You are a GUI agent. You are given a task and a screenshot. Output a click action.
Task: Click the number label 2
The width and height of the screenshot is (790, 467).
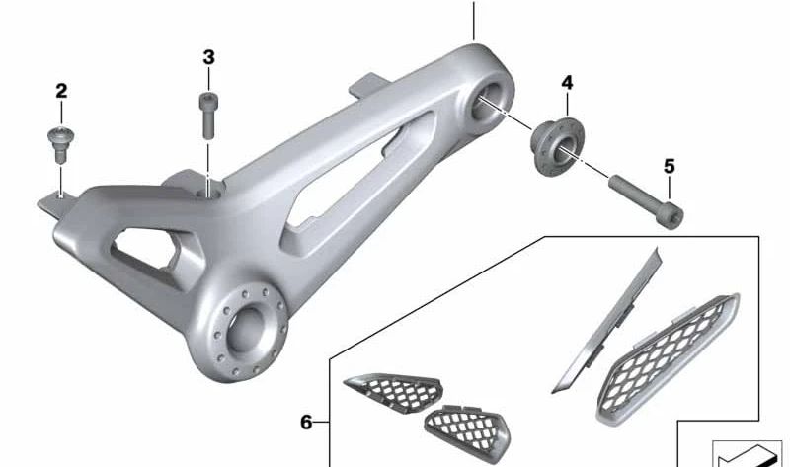(61, 92)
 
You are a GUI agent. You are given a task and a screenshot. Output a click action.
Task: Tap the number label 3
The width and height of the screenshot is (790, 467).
(208, 57)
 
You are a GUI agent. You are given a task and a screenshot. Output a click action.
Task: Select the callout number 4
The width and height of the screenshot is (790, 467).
(567, 81)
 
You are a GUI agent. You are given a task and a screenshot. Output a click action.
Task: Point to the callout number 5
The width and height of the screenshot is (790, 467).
(670, 166)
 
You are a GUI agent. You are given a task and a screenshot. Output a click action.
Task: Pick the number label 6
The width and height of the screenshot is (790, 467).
(306, 423)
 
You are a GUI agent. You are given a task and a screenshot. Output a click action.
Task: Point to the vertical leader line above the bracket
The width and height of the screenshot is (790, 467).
(474, 20)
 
